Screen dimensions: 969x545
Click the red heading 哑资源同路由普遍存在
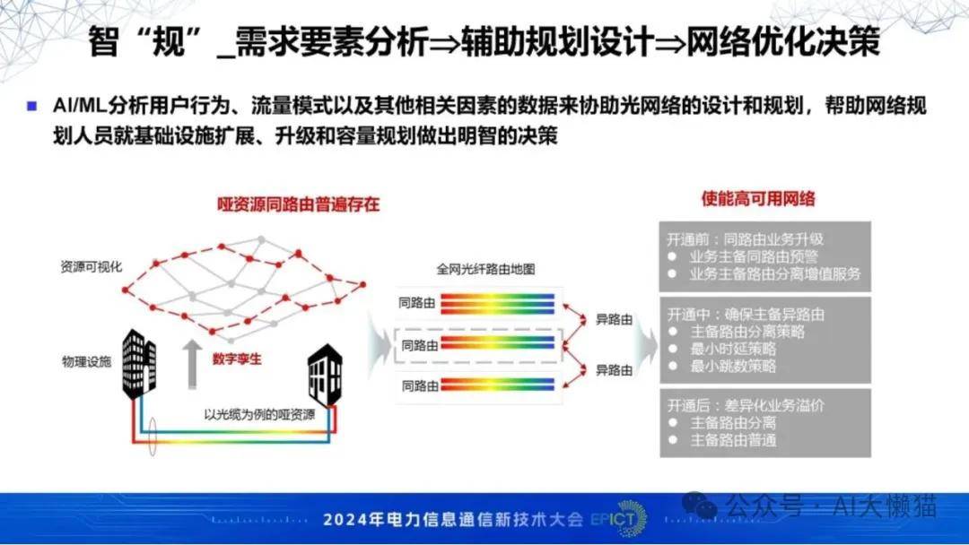298,204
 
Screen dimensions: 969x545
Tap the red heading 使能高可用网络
757,199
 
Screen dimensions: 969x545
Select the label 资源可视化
91,266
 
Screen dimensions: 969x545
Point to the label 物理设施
86,361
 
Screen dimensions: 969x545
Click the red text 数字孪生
237,359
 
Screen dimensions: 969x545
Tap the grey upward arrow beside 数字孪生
192,364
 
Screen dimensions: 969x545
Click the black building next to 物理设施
139,364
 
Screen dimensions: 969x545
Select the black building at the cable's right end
325,375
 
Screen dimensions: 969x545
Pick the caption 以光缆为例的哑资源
259,414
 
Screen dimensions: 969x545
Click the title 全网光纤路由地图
485,269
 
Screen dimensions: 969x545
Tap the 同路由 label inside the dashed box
420,346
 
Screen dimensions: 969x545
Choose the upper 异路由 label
614,320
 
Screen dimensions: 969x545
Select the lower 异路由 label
614,370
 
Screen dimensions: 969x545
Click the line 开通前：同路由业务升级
746,238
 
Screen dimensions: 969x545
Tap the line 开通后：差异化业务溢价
746,405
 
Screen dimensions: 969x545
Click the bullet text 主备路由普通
733,440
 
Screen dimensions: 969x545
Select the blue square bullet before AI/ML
32,106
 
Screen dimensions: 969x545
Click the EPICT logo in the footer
618,518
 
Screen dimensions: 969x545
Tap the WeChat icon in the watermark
699,506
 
